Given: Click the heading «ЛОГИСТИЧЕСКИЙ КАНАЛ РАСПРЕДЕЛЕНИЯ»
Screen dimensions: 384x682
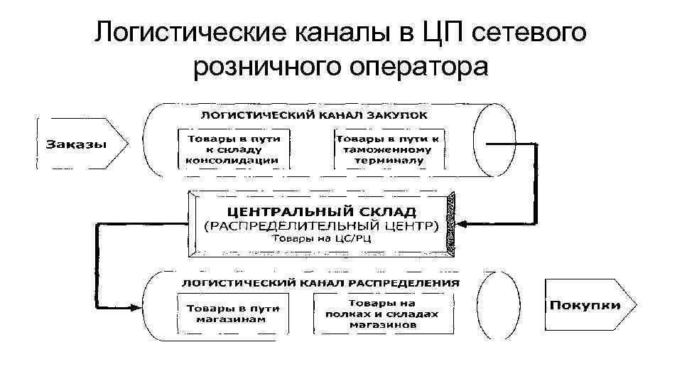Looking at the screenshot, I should point(321,282).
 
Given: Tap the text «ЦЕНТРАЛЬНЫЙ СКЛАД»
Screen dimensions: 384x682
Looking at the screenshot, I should point(321,211).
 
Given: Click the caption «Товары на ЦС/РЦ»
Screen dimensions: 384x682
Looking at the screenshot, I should point(321,240).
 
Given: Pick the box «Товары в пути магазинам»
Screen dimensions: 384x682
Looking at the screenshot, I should point(232,313).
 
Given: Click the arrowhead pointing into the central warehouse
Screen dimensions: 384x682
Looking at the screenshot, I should point(460,224).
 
